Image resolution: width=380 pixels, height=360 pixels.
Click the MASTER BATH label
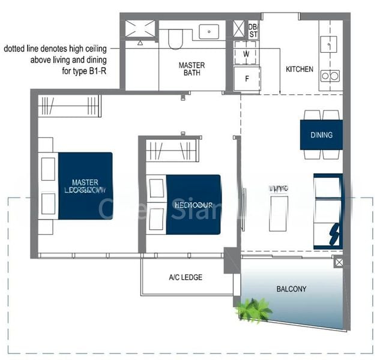point(192,70)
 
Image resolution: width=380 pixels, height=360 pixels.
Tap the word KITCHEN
point(299,70)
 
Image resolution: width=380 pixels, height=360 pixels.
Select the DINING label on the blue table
point(321,135)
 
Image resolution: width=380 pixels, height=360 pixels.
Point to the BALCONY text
point(291,289)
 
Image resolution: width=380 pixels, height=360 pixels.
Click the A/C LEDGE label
point(185,277)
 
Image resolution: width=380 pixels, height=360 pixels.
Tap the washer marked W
point(246,53)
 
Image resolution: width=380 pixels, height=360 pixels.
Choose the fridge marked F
point(246,78)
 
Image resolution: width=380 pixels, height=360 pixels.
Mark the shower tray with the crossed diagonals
point(140,28)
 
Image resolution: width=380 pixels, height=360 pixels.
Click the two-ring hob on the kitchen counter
point(329,76)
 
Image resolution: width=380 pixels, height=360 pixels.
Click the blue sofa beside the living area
point(328,210)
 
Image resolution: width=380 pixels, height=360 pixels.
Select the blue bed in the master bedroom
point(85,185)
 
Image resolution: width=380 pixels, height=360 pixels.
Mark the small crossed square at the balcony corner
point(339,262)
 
